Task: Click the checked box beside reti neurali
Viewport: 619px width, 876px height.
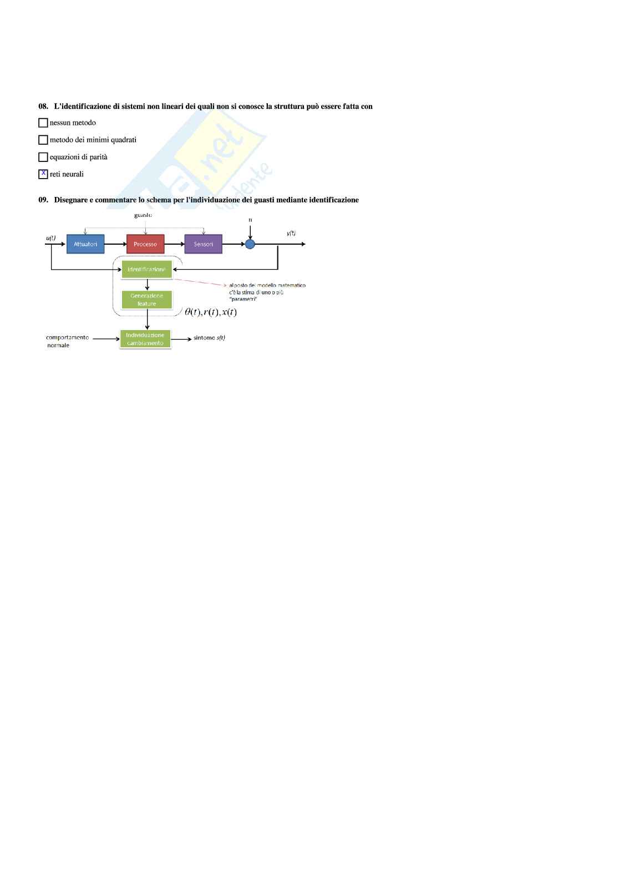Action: point(43,174)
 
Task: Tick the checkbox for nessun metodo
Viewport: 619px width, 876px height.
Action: point(43,123)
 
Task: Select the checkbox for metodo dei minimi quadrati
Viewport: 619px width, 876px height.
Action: point(43,140)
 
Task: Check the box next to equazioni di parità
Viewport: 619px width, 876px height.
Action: point(43,157)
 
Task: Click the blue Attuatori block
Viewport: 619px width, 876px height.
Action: point(85,244)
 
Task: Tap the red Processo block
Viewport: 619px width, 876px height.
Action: point(145,244)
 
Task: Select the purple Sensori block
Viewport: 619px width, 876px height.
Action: point(204,244)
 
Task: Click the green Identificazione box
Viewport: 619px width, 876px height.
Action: point(146,270)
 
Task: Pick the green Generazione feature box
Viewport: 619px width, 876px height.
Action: point(146,300)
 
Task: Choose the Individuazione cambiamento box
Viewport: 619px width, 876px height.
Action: point(145,339)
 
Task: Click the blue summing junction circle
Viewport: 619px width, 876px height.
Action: point(250,244)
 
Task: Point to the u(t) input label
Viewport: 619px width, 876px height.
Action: point(50,238)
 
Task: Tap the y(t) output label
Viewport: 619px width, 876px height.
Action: point(291,233)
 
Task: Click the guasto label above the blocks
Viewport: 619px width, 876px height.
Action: point(143,215)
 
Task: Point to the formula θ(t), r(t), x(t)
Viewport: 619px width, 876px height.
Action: point(211,312)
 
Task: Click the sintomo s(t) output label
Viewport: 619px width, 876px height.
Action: point(209,338)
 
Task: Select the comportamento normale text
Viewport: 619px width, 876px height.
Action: point(67,341)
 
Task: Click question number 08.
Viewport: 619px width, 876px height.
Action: point(43,107)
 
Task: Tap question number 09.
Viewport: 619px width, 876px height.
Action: point(43,200)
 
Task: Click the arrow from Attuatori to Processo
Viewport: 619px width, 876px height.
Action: point(115,244)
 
